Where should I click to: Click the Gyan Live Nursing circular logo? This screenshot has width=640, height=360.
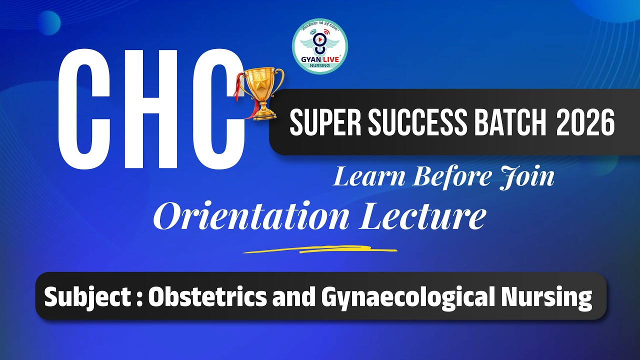point(320,46)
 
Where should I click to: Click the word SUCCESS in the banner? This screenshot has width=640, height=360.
point(416,123)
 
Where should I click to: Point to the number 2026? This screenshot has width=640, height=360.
point(585,123)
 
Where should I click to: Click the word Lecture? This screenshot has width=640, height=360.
point(422,216)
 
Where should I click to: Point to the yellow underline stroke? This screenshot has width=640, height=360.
point(320,249)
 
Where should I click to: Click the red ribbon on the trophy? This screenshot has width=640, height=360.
point(245,95)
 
